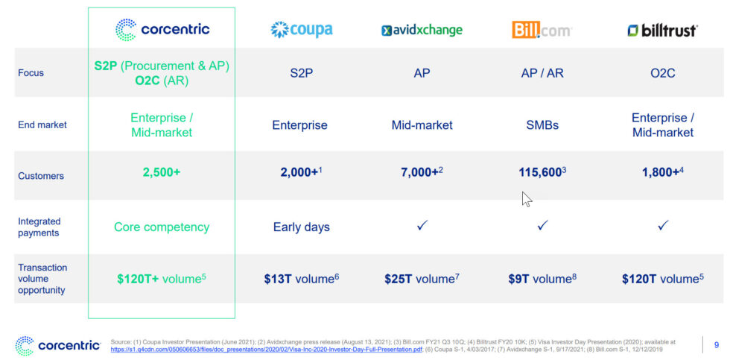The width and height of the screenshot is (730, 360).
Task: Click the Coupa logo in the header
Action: coord(301,30)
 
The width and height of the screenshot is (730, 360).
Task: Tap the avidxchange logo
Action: coord(422,31)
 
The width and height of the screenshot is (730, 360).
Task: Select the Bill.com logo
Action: coord(542,31)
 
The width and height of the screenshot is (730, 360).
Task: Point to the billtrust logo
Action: coord(662,31)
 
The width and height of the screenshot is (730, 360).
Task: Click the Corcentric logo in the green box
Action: coord(162,30)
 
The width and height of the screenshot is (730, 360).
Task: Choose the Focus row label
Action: coord(31,73)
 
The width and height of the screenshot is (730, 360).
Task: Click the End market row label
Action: coord(42,125)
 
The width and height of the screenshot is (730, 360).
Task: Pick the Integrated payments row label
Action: coord(39,227)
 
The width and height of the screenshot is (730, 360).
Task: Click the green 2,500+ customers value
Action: coord(162,172)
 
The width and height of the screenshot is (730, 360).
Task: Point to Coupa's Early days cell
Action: coord(301,227)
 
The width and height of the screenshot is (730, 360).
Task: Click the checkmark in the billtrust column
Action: coord(663,225)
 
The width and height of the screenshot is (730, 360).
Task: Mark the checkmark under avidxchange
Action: coord(422,225)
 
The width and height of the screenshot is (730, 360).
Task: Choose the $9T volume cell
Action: coord(542,279)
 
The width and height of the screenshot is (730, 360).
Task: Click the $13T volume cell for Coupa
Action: coord(301,279)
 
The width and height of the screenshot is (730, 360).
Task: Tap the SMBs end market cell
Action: coord(542,125)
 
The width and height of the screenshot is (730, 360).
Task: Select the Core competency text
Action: coord(162,227)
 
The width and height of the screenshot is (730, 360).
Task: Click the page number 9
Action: coord(716,344)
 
